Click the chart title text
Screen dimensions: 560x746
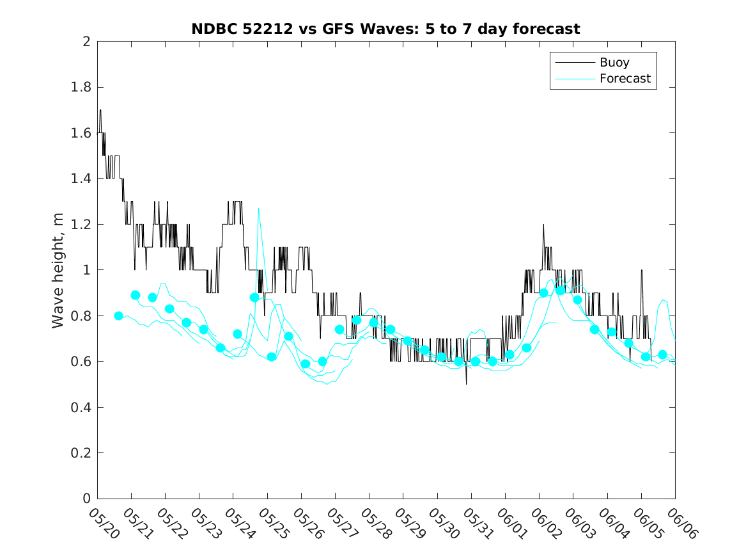tap(385, 29)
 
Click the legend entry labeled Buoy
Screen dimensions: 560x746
tap(614, 63)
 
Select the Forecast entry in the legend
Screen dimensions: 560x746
tap(625, 79)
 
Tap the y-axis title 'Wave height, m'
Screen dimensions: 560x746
tap(58, 270)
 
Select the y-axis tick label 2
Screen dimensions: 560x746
tap(86, 42)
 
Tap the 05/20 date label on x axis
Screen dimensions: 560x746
tap(102, 523)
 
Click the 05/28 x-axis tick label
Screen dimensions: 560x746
tap(374, 523)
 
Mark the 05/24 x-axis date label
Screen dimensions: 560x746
tap(238, 523)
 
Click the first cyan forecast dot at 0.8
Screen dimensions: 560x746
tap(118, 316)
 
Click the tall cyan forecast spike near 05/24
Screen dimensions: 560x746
tap(258, 209)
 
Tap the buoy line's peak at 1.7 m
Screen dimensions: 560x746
tap(100, 110)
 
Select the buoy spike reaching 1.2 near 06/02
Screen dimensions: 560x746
tap(543, 225)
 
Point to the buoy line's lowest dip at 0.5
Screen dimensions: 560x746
tap(466, 383)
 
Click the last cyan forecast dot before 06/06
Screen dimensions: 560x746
tap(662, 355)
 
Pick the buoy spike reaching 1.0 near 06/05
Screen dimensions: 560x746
tap(641, 270)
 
